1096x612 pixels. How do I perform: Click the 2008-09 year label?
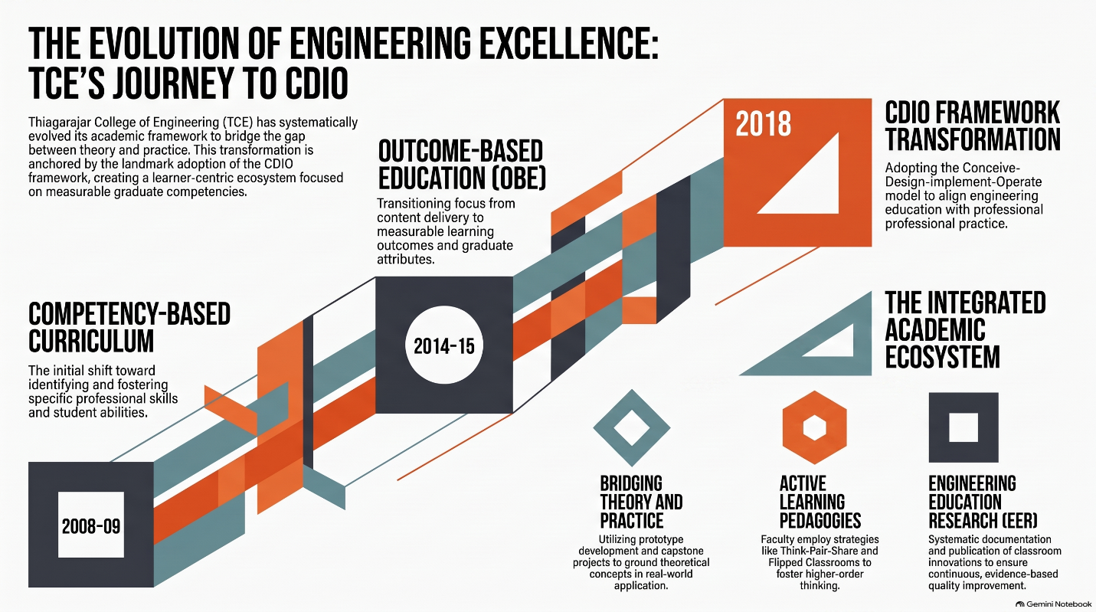(91, 526)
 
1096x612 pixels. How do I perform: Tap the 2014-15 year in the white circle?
(443, 346)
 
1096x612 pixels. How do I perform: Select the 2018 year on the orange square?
(764, 124)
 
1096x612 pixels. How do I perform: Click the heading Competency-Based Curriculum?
(129, 327)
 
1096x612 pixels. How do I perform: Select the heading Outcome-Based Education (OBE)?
(462, 165)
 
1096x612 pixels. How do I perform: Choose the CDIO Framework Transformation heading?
(973, 126)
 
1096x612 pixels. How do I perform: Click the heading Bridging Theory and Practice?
(641, 502)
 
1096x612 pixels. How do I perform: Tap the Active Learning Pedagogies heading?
(820, 502)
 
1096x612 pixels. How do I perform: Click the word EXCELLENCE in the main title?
(569, 43)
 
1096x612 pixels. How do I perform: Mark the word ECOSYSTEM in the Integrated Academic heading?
(942, 357)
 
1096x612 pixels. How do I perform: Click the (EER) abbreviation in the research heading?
(1016, 521)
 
